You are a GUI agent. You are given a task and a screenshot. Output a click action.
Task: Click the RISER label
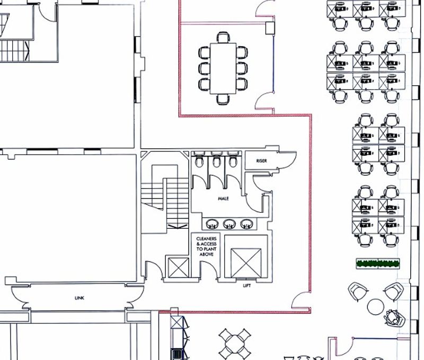(261, 161)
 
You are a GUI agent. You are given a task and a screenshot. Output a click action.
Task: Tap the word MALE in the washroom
(223, 199)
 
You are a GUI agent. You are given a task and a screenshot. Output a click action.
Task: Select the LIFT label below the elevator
(247, 286)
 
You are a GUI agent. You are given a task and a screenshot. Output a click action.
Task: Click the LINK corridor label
(79, 298)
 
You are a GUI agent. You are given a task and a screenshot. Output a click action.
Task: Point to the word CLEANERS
(206, 239)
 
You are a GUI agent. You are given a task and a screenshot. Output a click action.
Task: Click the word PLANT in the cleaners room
(210, 249)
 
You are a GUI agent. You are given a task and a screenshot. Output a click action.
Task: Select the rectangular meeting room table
(223, 68)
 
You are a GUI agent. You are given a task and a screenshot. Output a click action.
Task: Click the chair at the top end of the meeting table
(223, 37)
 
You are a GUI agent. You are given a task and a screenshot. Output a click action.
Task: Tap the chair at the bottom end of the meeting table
(223, 100)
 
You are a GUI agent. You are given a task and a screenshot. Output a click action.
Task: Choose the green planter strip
(378, 264)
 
